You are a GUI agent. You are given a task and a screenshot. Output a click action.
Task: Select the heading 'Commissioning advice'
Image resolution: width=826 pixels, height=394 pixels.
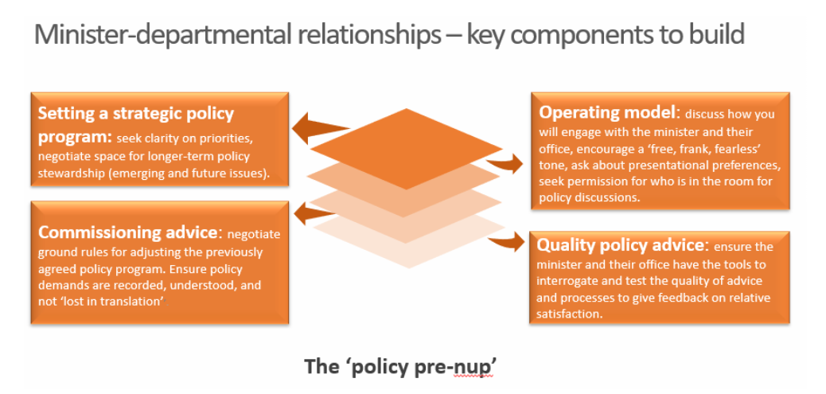pyautogui.click(x=128, y=232)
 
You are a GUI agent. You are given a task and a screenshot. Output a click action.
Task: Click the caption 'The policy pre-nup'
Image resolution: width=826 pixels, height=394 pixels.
pyautogui.click(x=405, y=366)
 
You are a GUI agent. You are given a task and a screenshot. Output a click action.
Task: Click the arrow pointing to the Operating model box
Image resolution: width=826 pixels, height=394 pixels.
pyautogui.click(x=507, y=163)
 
